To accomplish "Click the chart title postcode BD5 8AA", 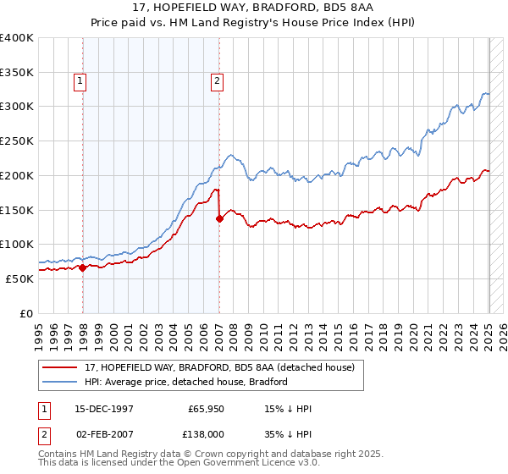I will coord(335,6).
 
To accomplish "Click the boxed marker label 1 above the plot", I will coord(80,81).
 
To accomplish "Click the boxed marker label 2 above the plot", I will coord(217,81).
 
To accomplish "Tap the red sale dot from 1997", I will coord(83,267).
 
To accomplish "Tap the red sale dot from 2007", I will coord(219,218).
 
